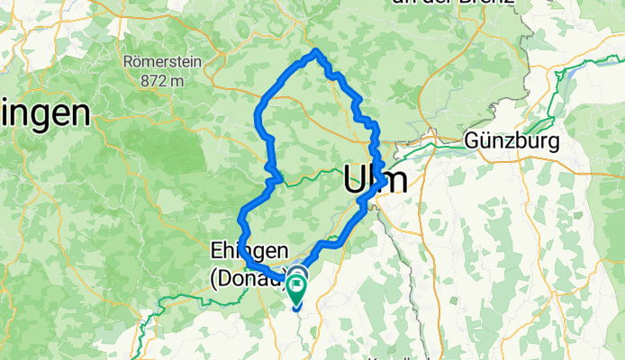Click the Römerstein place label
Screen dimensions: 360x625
pos(164,63)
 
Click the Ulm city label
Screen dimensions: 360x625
pos(375,179)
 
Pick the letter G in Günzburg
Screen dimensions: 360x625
pos(474,141)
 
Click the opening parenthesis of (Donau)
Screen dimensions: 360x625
pos(214,279)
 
